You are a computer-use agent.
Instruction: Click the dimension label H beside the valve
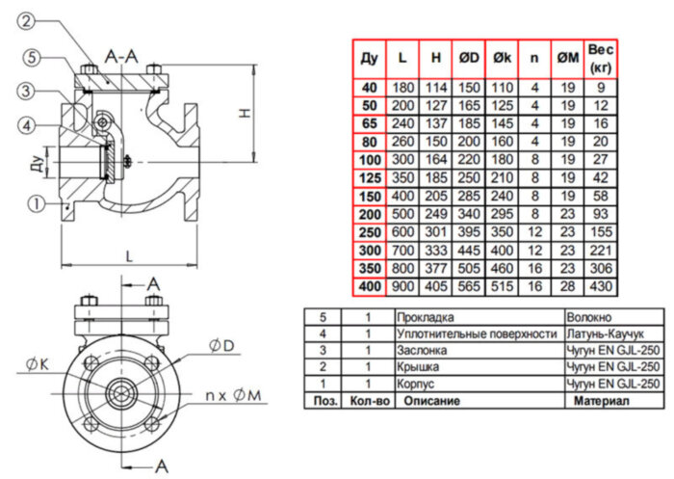click(x=246, y=114)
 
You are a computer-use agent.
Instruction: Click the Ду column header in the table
click(x=369, y=60)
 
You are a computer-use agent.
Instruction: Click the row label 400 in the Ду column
click(x=369, y=288)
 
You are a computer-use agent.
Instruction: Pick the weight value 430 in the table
click(x=601, y=288)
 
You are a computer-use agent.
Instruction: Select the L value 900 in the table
click(x=402, y=288)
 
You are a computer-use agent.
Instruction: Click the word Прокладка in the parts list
click(x=427, y=316)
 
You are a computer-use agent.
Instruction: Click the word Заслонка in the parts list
click(x=424, y=350)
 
